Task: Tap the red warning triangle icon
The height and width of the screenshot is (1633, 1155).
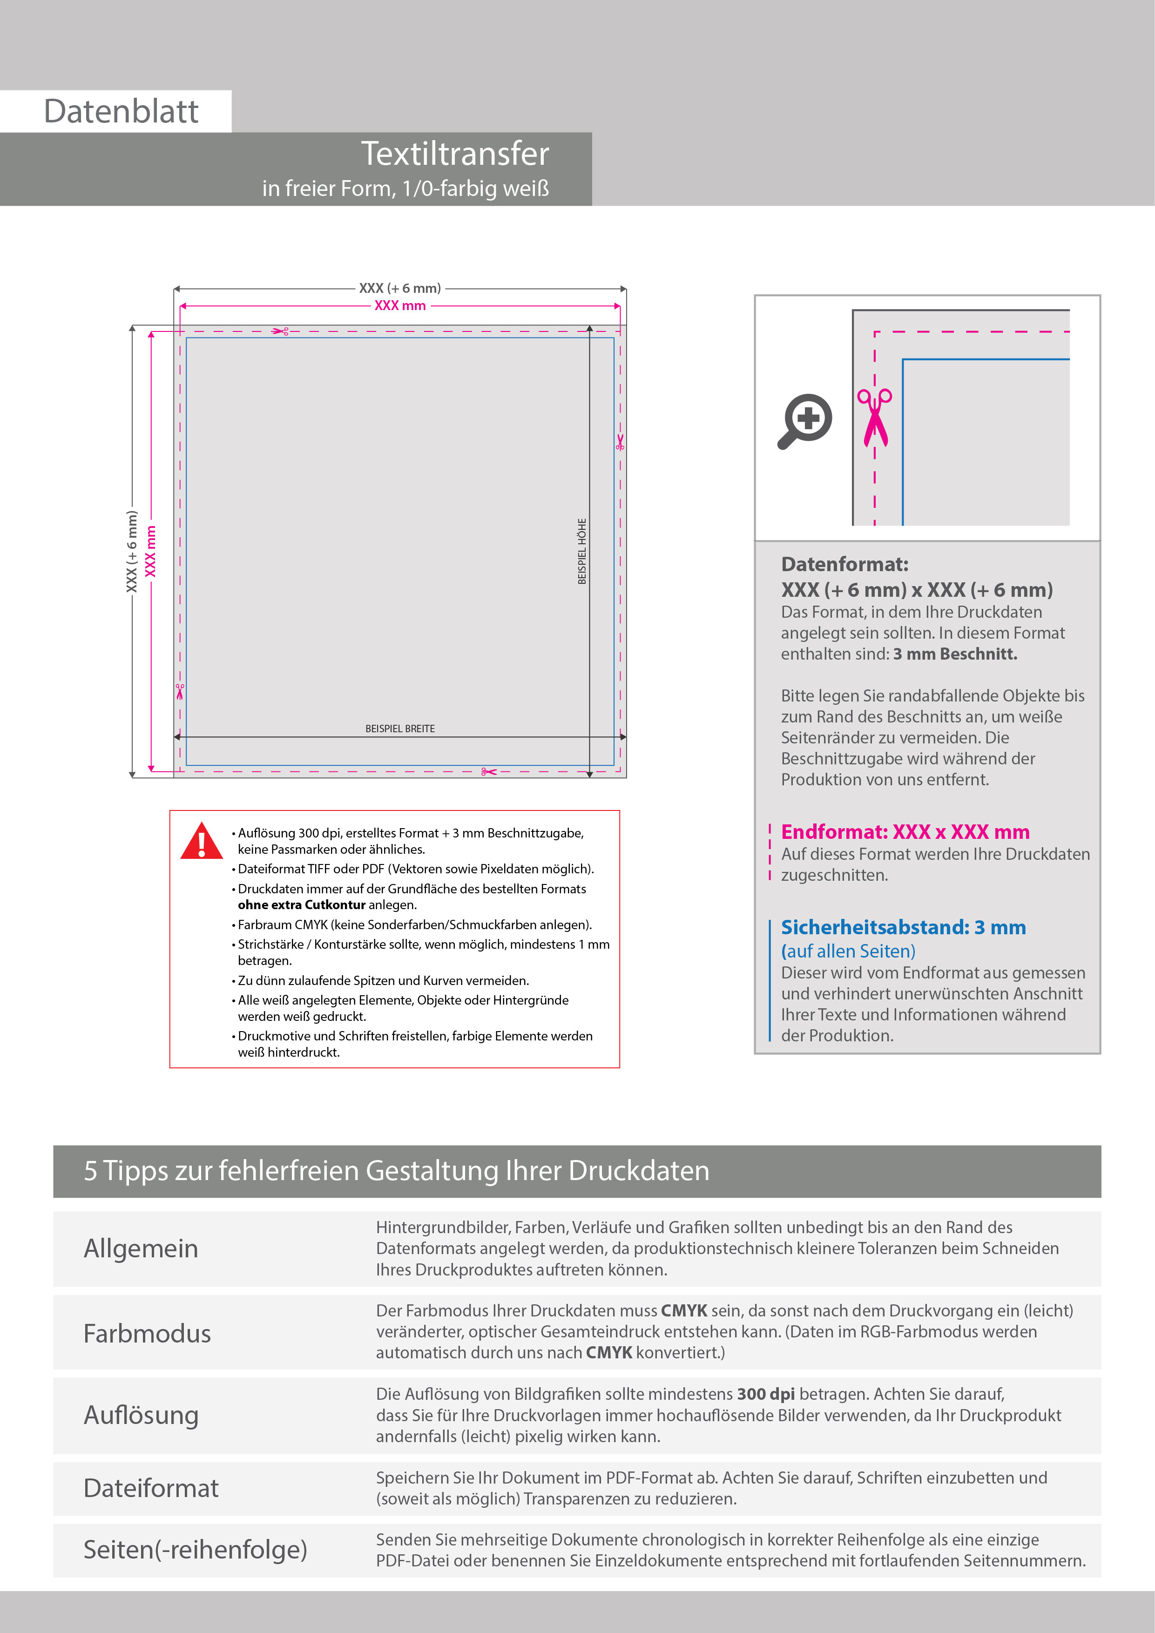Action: click(x=202, y=841)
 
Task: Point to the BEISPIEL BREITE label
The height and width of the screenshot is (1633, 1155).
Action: click(x=400, y=729)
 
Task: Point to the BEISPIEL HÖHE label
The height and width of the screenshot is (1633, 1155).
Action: click(x=582, y=551)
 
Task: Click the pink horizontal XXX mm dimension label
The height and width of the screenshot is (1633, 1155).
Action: click(x=400, y=306)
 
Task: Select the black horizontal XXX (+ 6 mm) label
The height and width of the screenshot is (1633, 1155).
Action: click(x=400, y=288)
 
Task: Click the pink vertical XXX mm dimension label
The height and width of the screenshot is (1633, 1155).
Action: click(x=150, y=551)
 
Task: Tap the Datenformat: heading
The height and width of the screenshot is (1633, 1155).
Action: click(x=844, y=564)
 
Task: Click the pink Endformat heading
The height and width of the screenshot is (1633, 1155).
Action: click(x=905, y=831)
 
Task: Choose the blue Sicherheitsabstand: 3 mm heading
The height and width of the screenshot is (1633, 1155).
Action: click(x=903, y=927)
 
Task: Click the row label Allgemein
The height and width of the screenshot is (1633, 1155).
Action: click(x=141, y=1248)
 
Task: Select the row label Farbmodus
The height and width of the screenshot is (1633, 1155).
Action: click(x=147, y=1333)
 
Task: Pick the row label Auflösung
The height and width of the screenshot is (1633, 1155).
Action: click(x=141, y=1415)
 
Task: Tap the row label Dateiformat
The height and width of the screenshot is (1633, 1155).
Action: click(x=151, y=1488)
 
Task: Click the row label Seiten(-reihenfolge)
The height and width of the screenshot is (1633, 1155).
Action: click(x=195, y=1549)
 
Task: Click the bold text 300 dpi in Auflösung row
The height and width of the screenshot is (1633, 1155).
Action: click(x=766, y=1394)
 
